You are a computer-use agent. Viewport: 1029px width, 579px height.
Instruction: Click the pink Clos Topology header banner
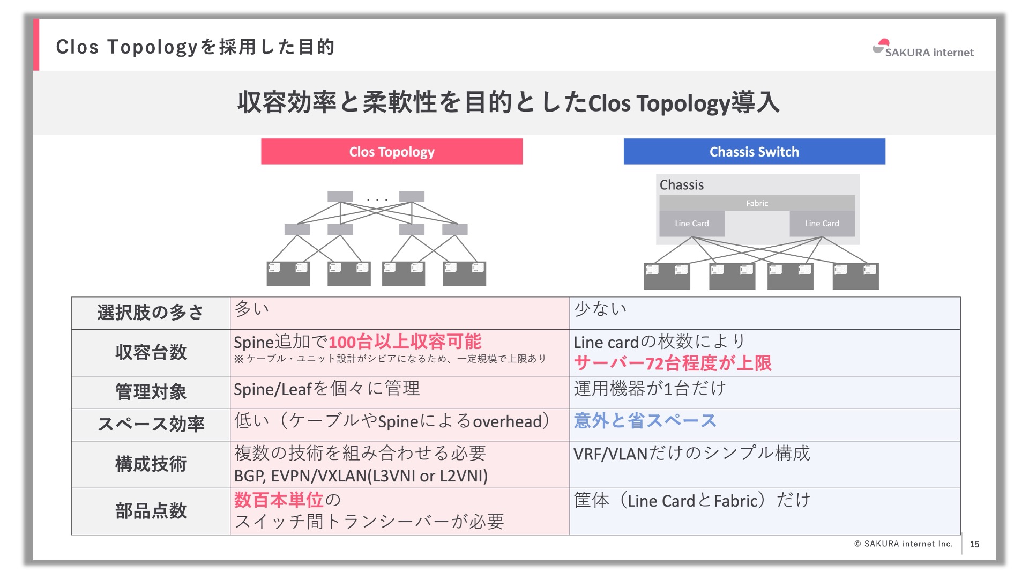click(x=392, y=152)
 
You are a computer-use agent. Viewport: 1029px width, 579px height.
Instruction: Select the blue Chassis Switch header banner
click(x=754, y=152)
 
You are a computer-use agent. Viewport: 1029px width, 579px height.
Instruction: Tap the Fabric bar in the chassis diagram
click(x=757, y=203)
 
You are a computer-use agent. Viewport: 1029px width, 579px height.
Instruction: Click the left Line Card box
click(x=691, y=224)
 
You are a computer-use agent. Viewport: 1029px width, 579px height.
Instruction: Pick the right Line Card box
click(x=822, y=224)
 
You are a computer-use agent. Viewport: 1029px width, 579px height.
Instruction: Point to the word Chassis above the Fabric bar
click(x=681, y=185)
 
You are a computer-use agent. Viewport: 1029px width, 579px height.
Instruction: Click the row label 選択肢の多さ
click(x=151, y=313)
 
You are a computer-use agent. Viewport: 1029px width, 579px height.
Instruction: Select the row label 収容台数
click(x=151, y=352)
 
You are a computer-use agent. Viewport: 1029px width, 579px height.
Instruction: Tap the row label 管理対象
click(x=151, y=392)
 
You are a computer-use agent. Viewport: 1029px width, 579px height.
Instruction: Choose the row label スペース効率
click(x=151, y=424)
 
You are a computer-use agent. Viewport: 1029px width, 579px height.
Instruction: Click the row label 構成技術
click(x=151, y=464)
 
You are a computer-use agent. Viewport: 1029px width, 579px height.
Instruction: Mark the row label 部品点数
click(x=151, y=511)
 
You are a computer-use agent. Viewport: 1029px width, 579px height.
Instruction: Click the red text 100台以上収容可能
click(x=405, y=342)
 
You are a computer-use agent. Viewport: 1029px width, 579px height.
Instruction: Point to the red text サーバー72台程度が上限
click(x=673, y=363)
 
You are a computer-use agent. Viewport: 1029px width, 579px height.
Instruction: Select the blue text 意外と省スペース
click(x=645, y=421)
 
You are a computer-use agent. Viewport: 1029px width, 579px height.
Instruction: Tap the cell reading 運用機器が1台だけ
click(x=650, y=389)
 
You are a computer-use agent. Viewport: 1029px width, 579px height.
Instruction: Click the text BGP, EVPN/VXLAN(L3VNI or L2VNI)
click(x=361, y=476)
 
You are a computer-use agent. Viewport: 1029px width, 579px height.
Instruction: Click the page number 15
click(x=974, y=544)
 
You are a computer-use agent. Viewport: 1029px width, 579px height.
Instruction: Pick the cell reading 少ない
click(x=600, y=309)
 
